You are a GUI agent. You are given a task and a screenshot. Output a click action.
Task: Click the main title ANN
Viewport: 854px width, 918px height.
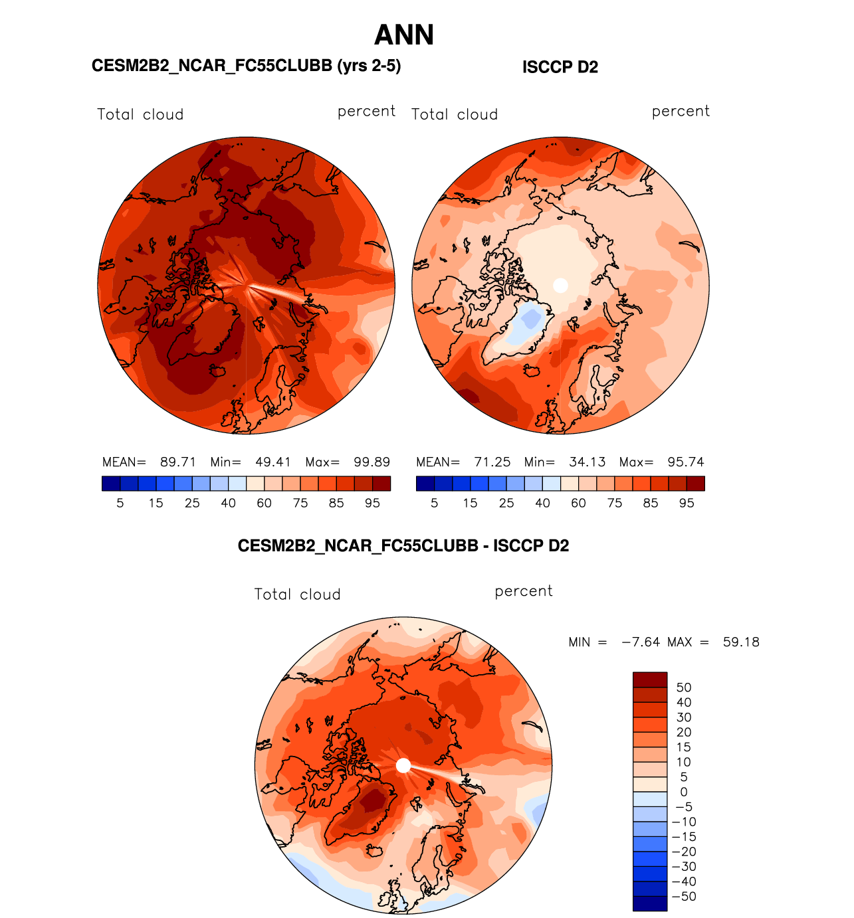pos(404,35)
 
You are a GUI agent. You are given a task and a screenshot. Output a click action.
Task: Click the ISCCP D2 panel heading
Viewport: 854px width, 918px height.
pos(560,67)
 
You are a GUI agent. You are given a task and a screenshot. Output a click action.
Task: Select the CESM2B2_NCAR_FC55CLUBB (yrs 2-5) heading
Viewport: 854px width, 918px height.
pos(246,66)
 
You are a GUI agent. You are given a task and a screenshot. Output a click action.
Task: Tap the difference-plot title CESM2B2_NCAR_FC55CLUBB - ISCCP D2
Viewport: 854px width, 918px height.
pos(403,546)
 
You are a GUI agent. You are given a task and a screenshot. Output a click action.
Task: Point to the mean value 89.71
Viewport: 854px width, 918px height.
pos(178,462)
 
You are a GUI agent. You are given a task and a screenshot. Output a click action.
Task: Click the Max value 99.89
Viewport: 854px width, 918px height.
pos(372,462)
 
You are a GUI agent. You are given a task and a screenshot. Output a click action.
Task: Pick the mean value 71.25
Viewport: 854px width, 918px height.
pos(492,462)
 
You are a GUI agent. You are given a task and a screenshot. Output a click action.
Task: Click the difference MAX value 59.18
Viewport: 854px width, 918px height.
pos(741,642)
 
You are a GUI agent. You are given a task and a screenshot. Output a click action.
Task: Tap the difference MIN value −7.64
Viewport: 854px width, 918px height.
pos(641,642)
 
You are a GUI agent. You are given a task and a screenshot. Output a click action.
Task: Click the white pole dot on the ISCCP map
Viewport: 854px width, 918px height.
pos(560,285)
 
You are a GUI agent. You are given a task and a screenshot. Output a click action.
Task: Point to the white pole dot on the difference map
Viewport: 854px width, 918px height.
pos(403,765)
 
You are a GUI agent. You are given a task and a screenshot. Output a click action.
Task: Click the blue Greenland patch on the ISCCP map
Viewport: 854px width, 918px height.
pos(530,321)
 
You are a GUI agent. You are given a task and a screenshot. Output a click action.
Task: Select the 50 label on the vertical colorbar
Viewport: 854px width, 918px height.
pos(684,688)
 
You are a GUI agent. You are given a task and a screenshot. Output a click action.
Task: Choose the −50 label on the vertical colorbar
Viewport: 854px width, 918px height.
pos(684,897)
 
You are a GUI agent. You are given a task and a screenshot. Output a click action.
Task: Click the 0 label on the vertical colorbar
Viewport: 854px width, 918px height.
pos(684,792)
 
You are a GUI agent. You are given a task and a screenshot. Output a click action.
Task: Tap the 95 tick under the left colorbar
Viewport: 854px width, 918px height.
pos(372,504)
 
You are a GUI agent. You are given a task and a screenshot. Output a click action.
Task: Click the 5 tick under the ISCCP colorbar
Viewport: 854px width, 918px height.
pos(435,504)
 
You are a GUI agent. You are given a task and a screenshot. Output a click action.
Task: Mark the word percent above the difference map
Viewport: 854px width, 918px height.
pos(524,591)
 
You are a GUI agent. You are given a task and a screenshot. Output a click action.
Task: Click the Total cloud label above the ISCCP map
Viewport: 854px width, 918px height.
pos(455,114)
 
